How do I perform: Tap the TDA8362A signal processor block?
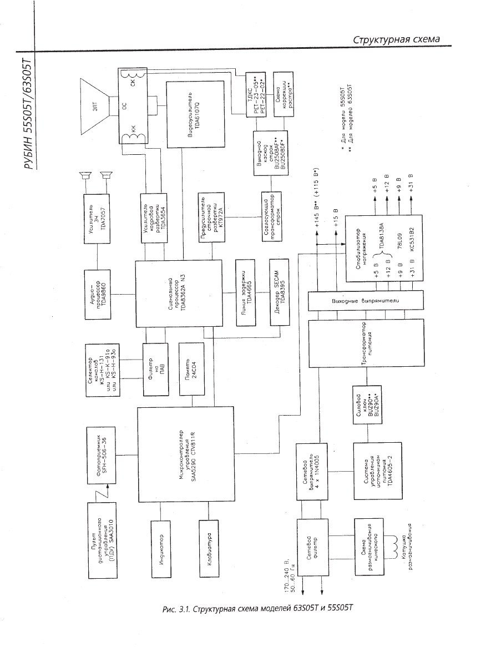click(170, 294)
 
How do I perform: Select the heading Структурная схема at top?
click(397, 39)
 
